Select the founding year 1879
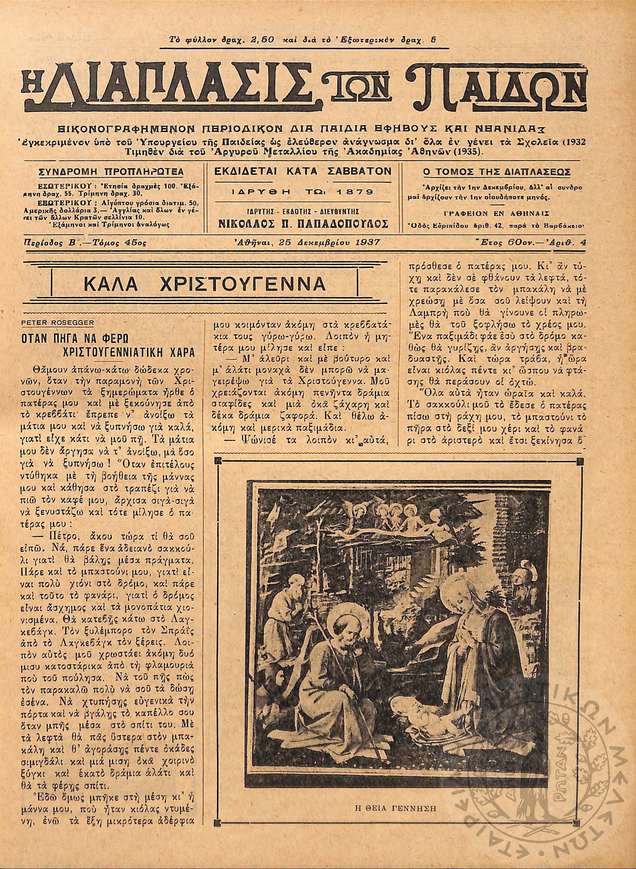(x=353, y=191)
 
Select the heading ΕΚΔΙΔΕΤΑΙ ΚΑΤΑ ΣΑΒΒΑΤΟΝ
(x=302, y=171)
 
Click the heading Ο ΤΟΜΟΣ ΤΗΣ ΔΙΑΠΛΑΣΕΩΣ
(x=497, y=171)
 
